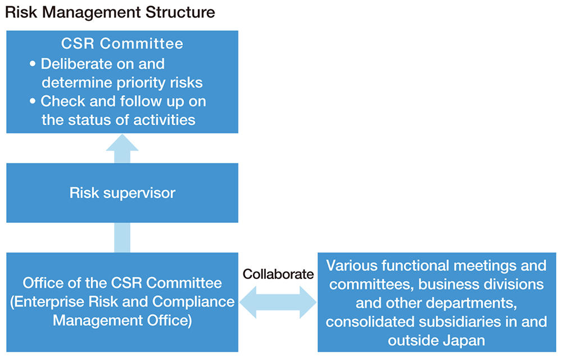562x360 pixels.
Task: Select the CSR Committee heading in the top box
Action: click(x=122, y=43)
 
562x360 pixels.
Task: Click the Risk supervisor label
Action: click(x=122, y=193)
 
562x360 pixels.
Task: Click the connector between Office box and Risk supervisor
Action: click(x=122, y=237)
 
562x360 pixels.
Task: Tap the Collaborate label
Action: click(x=278, y=274)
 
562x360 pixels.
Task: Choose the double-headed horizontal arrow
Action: click(x=278, y=302)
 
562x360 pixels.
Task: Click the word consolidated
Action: click(x=363, y=322)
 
